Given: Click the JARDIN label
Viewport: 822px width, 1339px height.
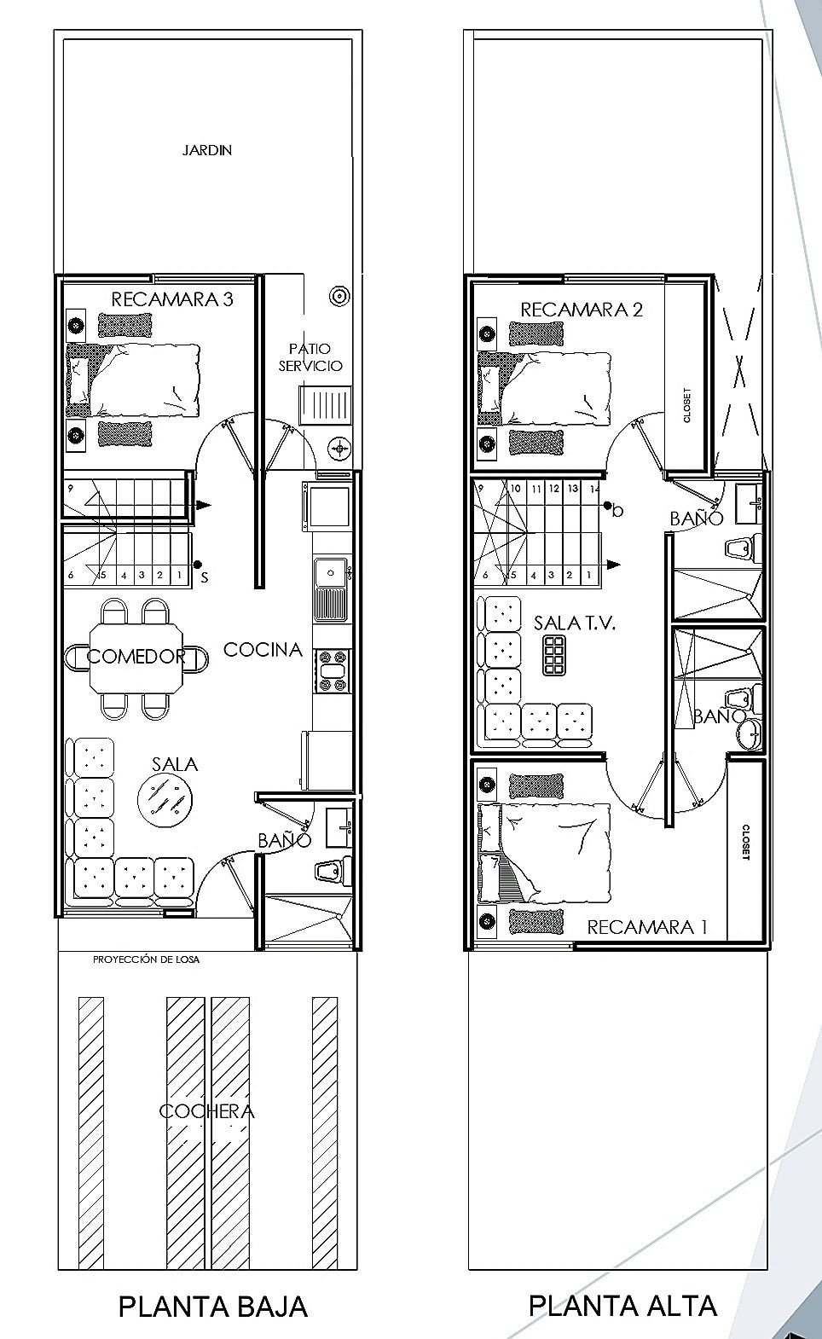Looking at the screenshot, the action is point(207,150).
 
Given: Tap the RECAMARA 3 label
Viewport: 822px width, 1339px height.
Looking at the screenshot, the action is point(172,299).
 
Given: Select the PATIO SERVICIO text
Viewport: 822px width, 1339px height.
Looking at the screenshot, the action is point(310,357).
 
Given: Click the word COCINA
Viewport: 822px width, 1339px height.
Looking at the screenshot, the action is point(263,650).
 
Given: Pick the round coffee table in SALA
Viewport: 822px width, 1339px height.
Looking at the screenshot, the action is point(165,798).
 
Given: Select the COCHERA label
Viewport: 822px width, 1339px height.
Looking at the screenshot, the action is point(207,1111).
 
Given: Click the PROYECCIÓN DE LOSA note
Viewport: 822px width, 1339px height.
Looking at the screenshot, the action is point(146,959).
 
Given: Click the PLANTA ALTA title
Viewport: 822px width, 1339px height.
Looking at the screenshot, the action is point(622,1307).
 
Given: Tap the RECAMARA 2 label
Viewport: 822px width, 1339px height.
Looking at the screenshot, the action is point(582,310).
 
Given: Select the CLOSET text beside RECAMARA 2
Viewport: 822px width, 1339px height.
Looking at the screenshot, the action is point(686,406).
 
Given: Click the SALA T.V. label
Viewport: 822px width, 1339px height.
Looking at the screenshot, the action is point(575,623).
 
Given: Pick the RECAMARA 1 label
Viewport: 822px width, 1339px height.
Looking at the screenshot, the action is point(647,927).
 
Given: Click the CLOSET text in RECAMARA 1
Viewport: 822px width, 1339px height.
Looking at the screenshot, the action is point(745,843).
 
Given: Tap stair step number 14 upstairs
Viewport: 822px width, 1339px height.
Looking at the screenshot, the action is point(594,489).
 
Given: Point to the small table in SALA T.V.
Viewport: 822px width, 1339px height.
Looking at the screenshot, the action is point(554,655).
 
